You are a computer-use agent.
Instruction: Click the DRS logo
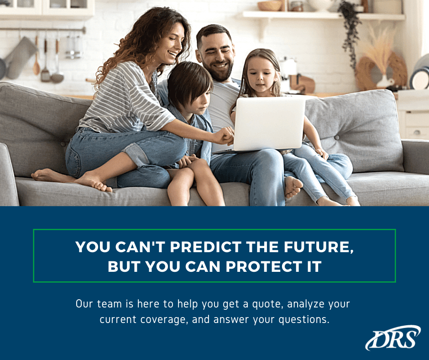click(x=392, y=338)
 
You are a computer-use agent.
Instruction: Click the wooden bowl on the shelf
click(x=269, y=5)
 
